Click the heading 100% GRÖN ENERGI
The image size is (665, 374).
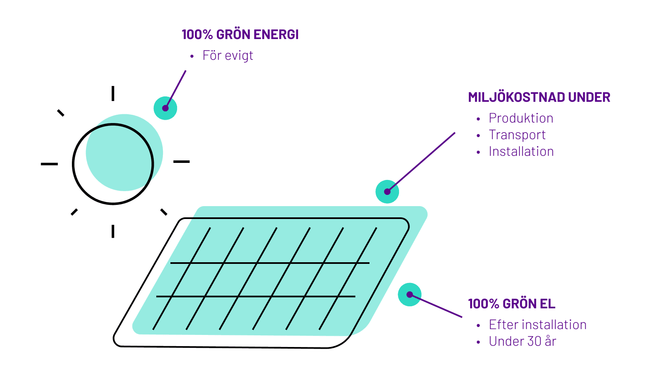[240, 34]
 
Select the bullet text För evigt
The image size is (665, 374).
[228, 56]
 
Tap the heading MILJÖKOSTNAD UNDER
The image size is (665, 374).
[539, 97]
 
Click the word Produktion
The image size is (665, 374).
[521, 118]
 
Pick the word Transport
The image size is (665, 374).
[517, 135]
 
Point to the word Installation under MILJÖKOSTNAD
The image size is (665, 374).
[521, 152]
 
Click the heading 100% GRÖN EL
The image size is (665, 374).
[511, 304]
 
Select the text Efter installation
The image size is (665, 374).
[537, 325]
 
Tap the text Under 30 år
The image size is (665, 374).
[522, 342]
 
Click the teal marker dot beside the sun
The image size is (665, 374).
[165, 108]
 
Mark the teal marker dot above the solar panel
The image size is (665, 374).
[387, 192]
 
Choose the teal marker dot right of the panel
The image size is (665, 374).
[409, 295]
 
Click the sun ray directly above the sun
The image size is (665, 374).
[113, 93]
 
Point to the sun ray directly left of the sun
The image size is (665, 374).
[49, 164]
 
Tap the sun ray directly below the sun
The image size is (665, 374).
[113, 231]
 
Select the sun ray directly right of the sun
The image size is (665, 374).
[182, 161]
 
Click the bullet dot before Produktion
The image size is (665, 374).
[478, 119]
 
